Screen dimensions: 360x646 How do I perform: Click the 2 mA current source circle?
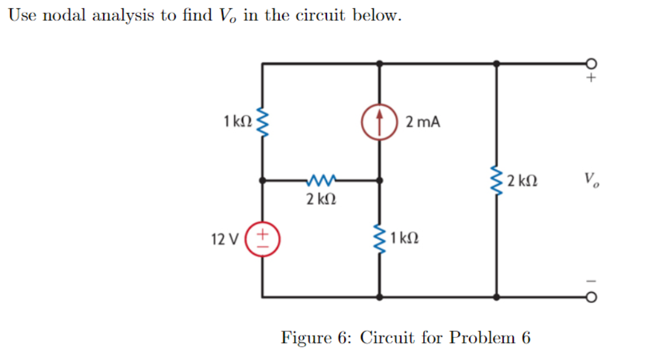[380, 122]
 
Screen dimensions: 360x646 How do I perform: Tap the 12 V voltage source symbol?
[263, 238]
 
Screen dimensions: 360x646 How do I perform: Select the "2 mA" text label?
[423, 122]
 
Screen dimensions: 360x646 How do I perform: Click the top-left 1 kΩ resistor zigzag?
[263, 122]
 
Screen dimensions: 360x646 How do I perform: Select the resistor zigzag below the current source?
[380, 238]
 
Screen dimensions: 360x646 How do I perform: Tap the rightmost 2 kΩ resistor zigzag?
[496, 181]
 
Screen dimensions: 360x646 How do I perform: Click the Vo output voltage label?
[592, 180]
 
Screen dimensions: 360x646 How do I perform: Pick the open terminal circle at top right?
[591, 63]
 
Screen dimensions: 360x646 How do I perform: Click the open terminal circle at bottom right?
[591, 298]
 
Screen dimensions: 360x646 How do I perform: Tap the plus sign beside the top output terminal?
[592, 79]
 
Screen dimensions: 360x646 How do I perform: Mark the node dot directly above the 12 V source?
[263, 181]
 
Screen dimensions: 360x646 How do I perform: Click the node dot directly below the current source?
[380, 181]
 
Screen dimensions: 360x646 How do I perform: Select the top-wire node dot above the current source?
[380, 63]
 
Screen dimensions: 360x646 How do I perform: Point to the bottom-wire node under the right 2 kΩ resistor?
[496, 297]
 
